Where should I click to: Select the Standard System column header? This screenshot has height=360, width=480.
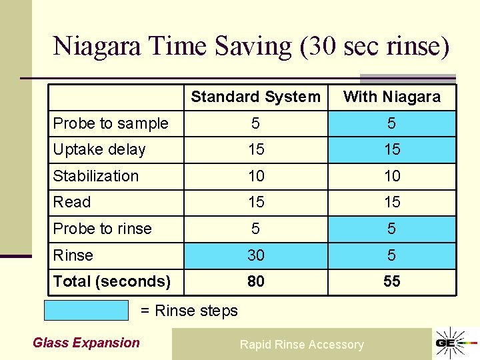(x=255, y=97)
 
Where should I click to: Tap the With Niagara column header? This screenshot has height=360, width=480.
(x=392, y=97)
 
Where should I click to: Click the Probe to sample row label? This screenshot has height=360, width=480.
(x=111, y=123)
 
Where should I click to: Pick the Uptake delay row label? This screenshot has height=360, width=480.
(x=99, y=149)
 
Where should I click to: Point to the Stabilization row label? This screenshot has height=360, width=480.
(x=96, y=176)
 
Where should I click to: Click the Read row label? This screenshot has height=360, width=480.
(x=72, y=202)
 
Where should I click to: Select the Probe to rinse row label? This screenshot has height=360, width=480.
(x=103, y=229)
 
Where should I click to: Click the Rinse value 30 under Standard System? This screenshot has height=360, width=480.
(x=256, y=255)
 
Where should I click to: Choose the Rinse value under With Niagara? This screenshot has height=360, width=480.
(x=392, y=255)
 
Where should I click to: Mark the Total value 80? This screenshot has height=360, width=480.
(x=256, y=281)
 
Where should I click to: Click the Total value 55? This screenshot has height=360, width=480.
(x=392, y=281)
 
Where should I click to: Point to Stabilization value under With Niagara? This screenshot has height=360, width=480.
(x=392, y=176)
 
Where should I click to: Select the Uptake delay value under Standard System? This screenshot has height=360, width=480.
(x=256, y=149)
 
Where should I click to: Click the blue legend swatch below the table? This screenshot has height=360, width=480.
(x=86, y=311)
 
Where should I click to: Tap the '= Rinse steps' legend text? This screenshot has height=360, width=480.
(x=189, y=311)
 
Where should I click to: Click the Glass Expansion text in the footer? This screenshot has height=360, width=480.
(x=87, y=343)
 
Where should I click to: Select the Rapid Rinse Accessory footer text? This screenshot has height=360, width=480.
(x=302, y=345)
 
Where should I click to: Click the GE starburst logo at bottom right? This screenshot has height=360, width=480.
(x=451, y=343)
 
